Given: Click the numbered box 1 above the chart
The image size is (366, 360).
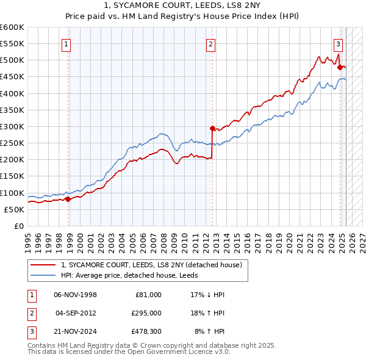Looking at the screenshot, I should point(65,43).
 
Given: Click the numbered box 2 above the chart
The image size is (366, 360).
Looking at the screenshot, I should point(210,43).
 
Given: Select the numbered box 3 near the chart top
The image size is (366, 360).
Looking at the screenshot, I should point(338,43).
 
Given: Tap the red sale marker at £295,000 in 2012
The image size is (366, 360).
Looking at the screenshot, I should point(212,129).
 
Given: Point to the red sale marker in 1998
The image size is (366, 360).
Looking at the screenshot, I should point(68,199).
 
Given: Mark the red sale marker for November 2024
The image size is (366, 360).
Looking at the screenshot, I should point(340,68).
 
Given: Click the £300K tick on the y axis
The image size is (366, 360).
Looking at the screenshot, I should point(12,126).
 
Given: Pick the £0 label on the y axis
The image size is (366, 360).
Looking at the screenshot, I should point(18,226).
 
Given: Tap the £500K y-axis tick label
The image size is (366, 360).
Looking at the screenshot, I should point(12,60).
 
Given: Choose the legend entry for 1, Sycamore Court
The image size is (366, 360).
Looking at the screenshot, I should point(151,265).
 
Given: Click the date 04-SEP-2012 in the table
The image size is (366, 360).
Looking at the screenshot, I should point(75,313).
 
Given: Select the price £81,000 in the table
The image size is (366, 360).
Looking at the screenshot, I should point(147,294).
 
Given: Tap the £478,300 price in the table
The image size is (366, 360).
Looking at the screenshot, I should point(147,332).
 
